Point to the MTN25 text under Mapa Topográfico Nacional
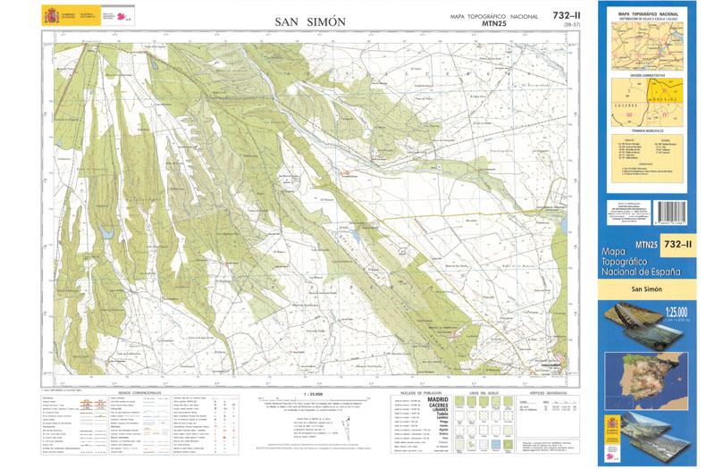coord(495,24)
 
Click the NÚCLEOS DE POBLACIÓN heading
coord(421,392)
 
